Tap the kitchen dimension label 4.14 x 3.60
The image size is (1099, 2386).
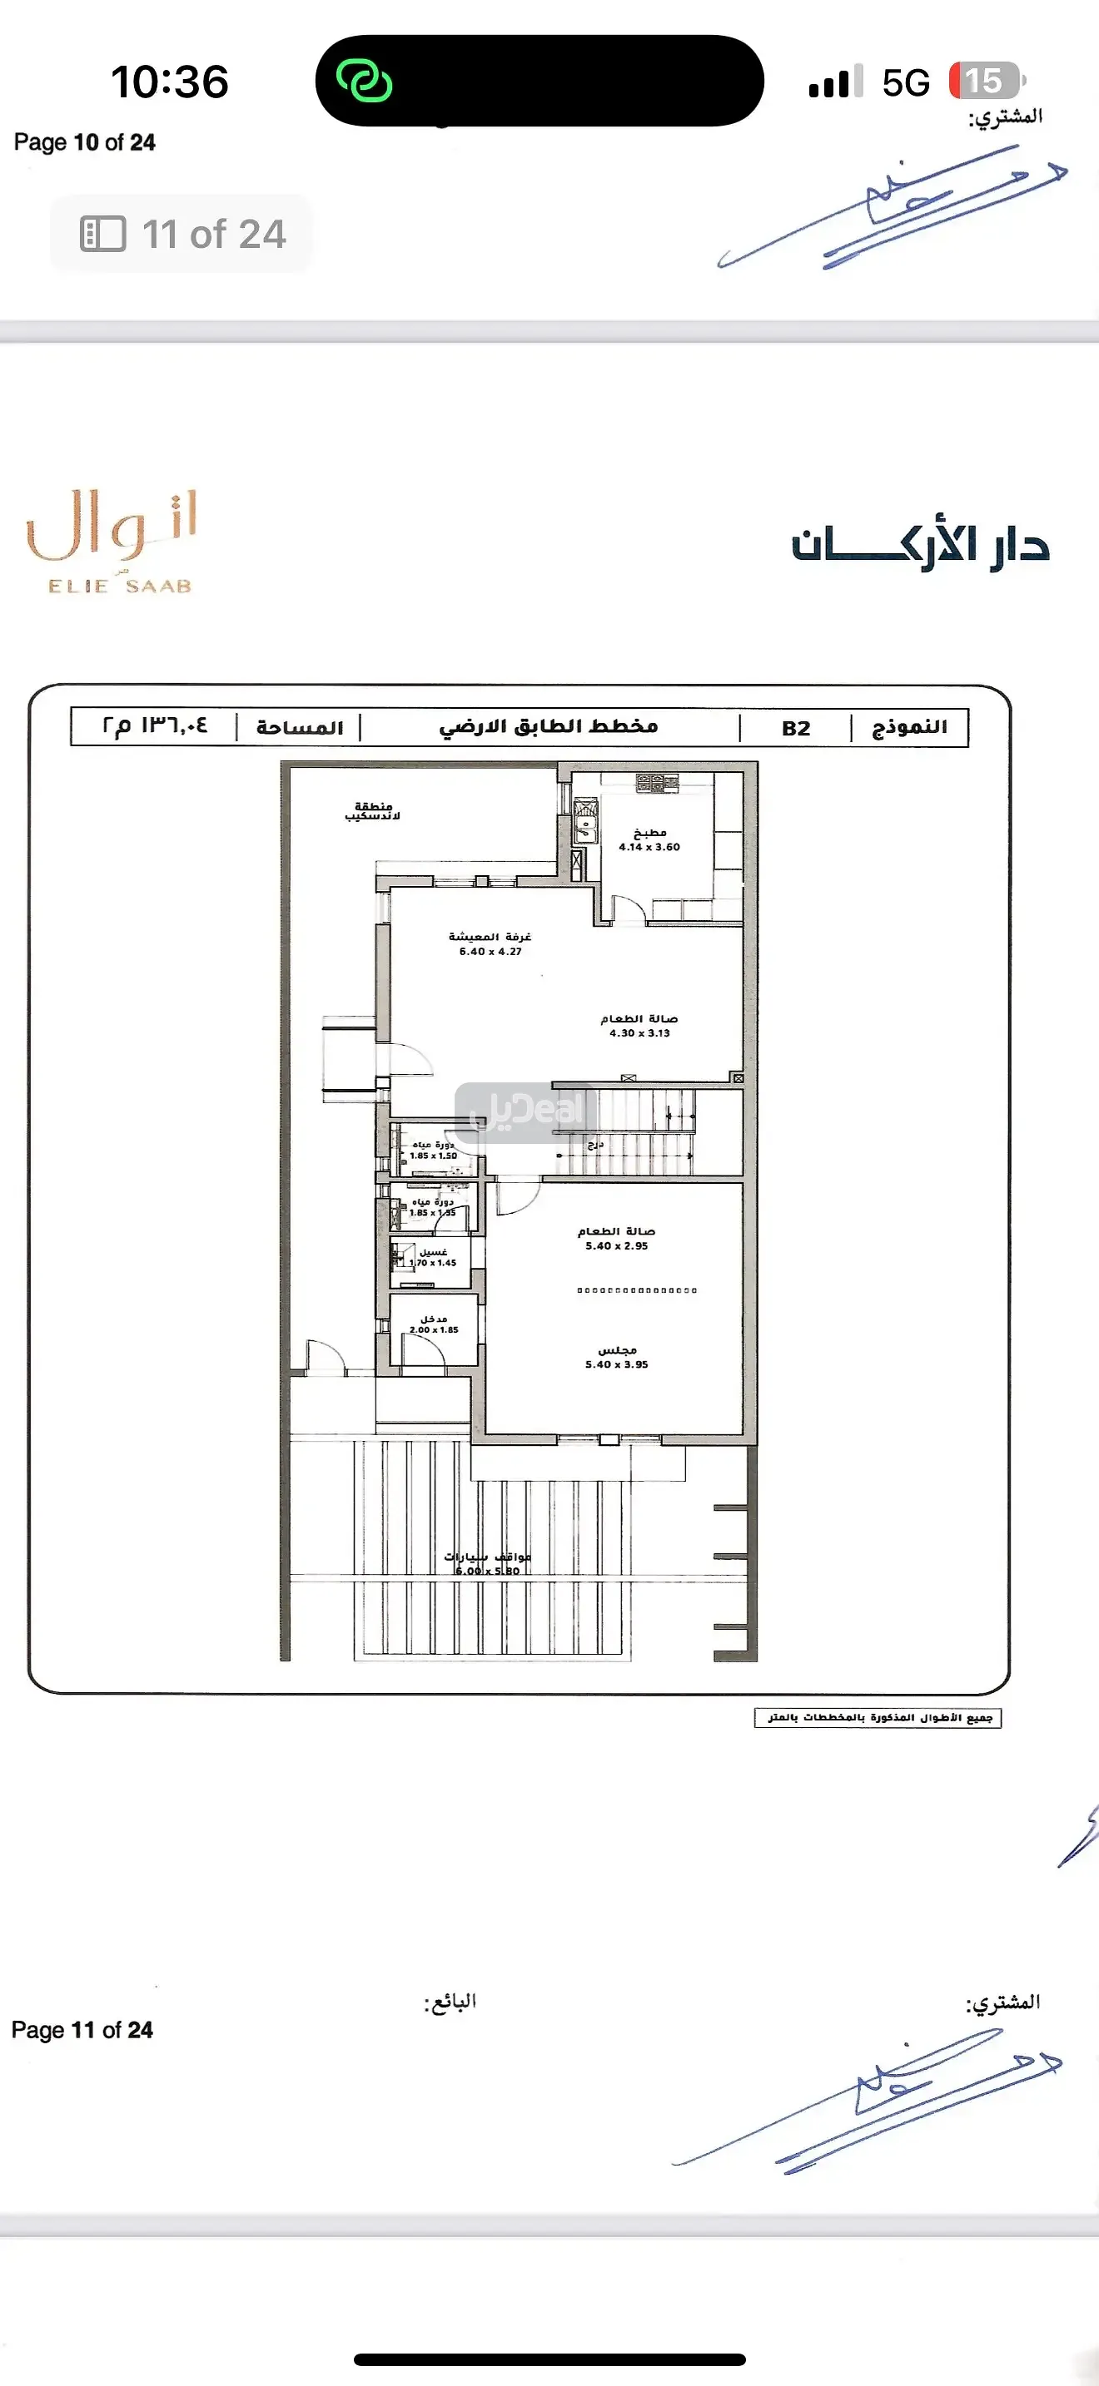[x=649, y=847]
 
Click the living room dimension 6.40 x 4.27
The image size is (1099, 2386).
[x=490, y=951]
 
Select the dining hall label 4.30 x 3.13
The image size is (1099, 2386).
[x=639, y=1032]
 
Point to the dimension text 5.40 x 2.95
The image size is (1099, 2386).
[x=616, y=1245]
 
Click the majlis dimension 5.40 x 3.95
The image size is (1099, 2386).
[x=616, y=1364]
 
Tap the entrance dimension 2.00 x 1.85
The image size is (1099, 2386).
[x=434, y=1330]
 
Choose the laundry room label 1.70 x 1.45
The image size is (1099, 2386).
[x=433, y=1263]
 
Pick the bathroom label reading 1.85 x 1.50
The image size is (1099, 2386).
[x=433, y=1156]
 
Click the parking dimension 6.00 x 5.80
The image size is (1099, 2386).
[x=487, y=1571]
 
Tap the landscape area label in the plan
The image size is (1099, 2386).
[x=372, y=811]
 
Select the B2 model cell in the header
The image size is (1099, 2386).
[x=795, y=728]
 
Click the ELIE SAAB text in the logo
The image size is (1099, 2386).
[x=120, y=587]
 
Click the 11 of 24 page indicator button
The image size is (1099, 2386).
[x=182, y=235]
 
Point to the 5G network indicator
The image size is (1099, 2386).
[x=904, y=83]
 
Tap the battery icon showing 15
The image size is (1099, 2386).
[x=986, y=82]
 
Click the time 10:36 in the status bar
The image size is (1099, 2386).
[x=170, y=82]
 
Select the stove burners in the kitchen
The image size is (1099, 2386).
[x=657, y=784]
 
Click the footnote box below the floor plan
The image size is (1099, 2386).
[x=878, y=1718]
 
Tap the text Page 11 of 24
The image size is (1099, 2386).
[x=82, y=2029]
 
